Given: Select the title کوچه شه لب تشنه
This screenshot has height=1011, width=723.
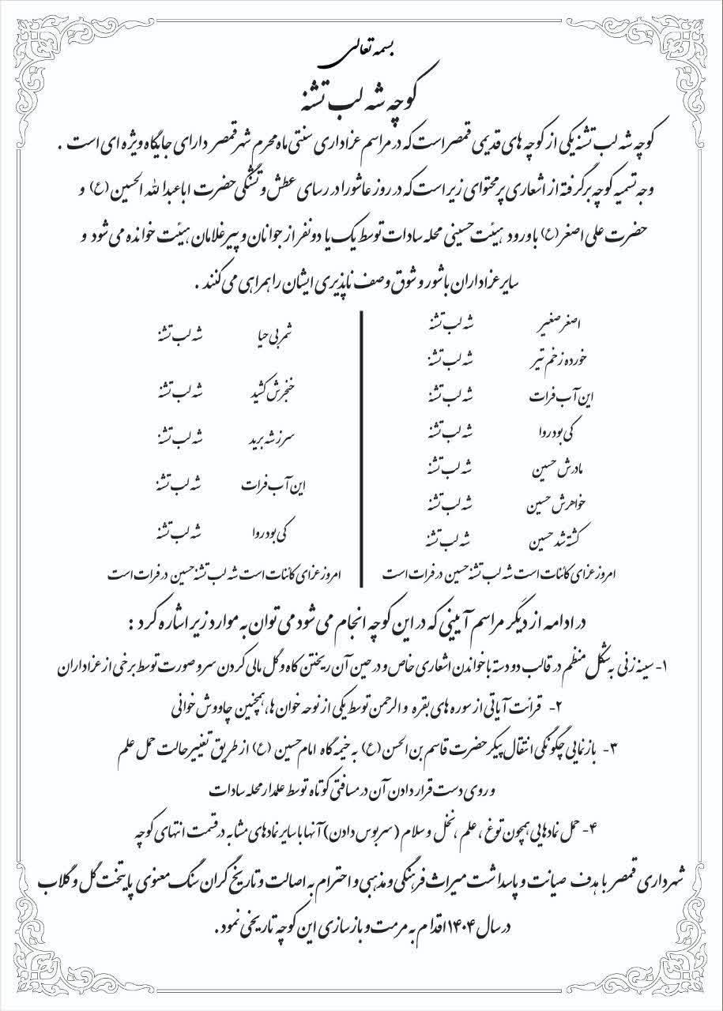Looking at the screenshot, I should click(x=360, y=89).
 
